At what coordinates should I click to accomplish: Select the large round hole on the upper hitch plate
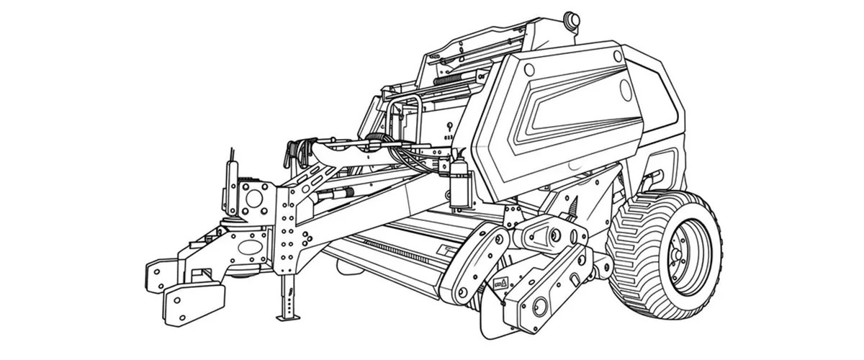click(x=254, y=195)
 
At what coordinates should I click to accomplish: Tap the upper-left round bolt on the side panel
click(x=530, y=68)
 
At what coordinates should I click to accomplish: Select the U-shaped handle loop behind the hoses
click(x=410, y=115)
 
